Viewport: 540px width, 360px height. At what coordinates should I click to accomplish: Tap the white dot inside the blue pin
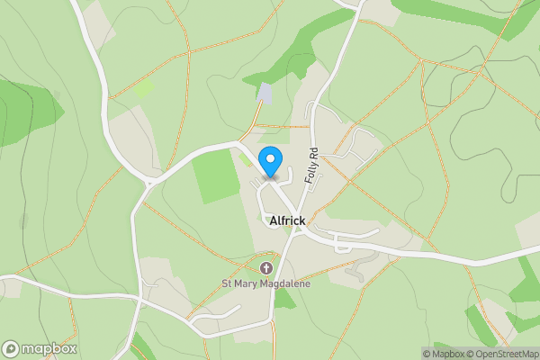coord(270,160)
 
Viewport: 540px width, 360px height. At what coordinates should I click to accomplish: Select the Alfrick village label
coord(287,220)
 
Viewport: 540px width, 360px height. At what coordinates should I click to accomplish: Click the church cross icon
coord(266,268)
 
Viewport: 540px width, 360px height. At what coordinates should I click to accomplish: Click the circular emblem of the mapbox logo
coord(11,349)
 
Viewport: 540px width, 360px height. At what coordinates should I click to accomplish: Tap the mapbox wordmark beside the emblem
coord(49,349)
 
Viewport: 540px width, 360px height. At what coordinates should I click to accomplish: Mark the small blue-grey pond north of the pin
coord(265,93)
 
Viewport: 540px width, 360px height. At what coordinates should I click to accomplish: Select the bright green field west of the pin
coord(216,175)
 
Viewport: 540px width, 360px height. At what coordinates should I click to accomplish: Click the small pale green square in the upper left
coord(143,87)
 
